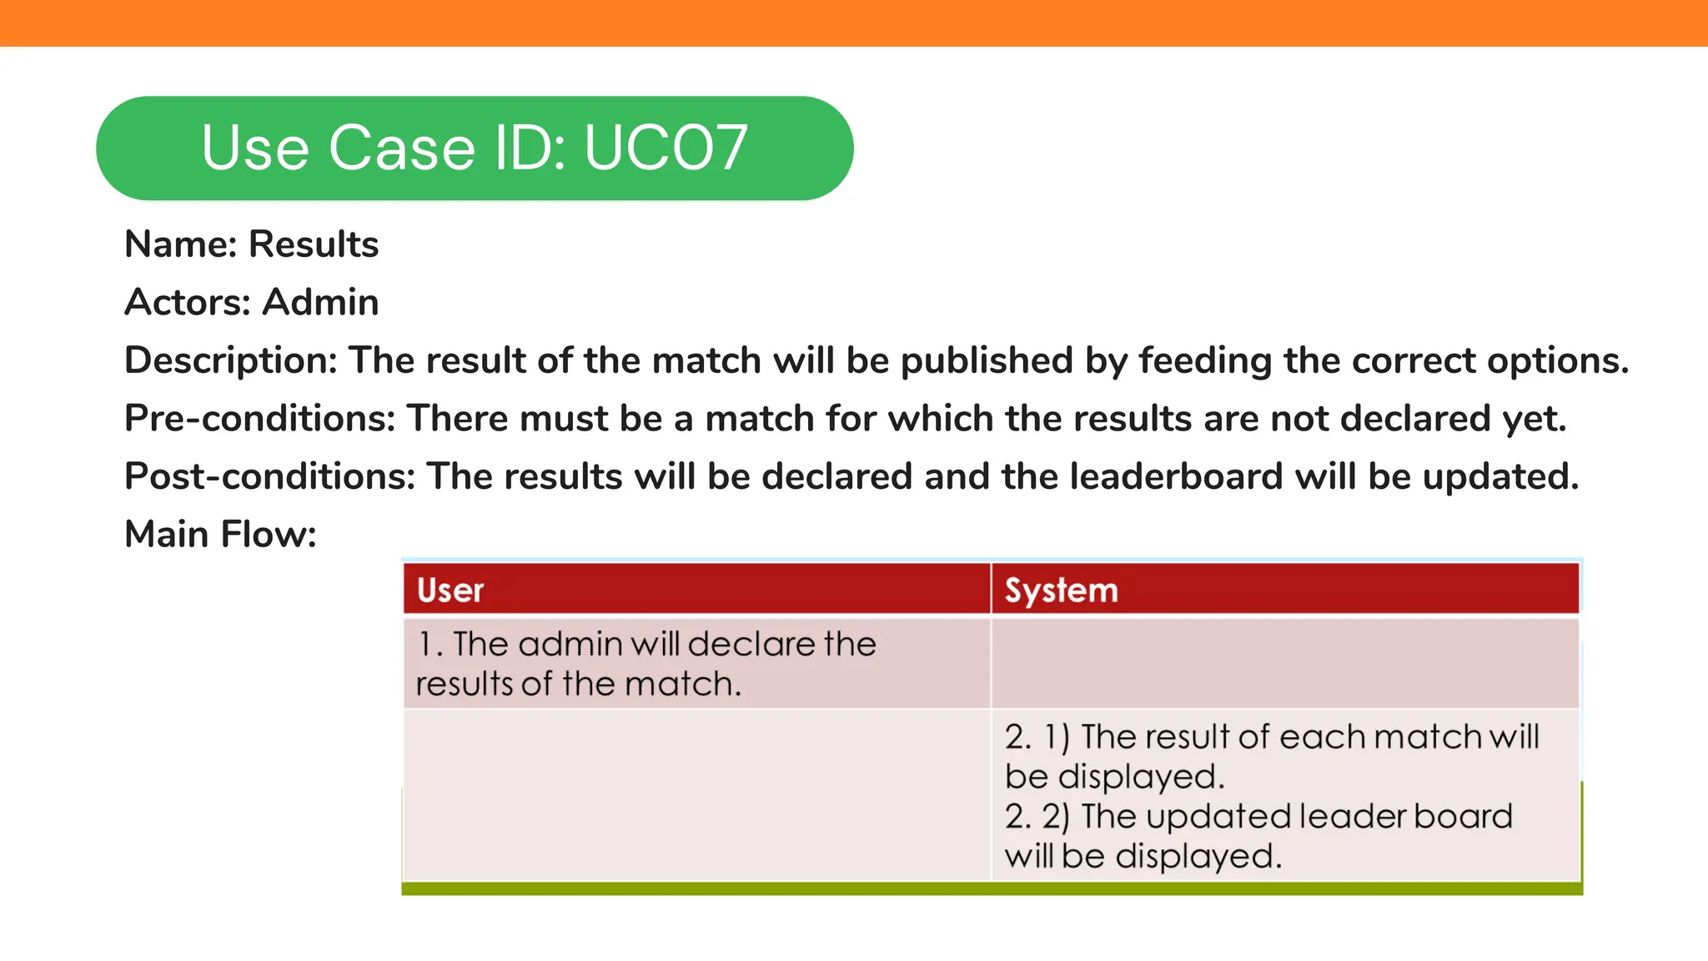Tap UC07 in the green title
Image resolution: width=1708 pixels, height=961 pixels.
click(666, 148)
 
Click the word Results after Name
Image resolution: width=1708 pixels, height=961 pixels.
click(314, 244)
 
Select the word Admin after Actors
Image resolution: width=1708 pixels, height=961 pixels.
click(321, 302)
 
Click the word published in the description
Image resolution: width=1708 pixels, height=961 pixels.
click(987, 360)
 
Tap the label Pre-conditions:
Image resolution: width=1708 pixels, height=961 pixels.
click(259, 418)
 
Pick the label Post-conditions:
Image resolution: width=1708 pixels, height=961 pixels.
click(269, 476)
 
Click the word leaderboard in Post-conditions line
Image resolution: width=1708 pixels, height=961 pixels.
click(1176, 476)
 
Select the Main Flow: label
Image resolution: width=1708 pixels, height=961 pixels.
click(220, 534)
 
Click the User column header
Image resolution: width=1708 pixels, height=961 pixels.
click(450, 591)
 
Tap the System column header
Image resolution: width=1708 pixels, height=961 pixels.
click(1061, 591)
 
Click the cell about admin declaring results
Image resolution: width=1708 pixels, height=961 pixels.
click(646, 664)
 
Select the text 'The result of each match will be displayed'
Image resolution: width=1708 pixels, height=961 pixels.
click(1271, 757)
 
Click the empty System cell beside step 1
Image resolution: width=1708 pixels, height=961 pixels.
click(1284, 664)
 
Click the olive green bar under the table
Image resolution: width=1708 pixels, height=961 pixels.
click(992, 888)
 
